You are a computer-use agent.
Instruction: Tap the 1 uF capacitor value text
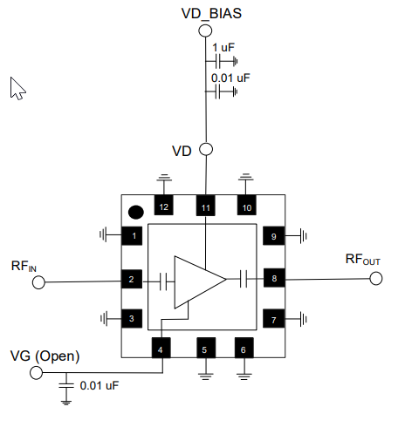223,47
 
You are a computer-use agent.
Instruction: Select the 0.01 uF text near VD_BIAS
230,78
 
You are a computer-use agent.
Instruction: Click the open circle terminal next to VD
206,149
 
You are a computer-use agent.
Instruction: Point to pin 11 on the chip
205,207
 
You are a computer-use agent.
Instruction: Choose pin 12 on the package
164,207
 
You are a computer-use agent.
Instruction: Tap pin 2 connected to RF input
131,280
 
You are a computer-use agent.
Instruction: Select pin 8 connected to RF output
273,280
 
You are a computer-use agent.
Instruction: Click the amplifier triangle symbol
196,281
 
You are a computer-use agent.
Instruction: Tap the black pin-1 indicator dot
135,211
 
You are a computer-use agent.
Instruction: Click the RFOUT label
363,259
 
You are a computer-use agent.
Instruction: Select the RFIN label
24,265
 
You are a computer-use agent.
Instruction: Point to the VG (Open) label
45,356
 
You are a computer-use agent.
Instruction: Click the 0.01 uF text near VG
100,384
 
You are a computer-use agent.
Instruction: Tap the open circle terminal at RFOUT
376,280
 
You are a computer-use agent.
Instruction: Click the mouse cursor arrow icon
18,88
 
